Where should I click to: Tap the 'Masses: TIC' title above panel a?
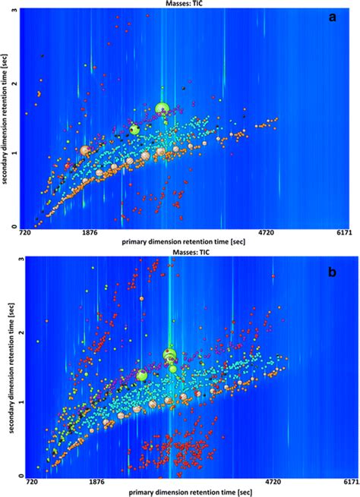179,4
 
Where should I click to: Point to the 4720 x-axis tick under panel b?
271,482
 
